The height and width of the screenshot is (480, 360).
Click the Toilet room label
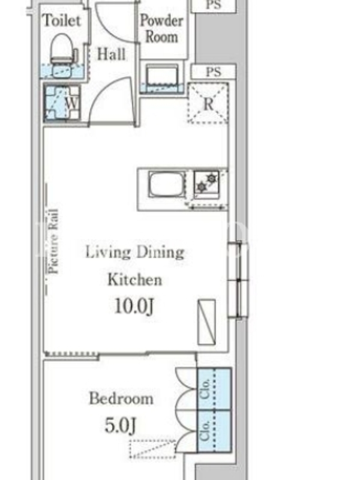(x=62, y=21)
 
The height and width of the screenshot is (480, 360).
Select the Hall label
(x=111, y=54)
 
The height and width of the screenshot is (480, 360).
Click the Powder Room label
(x=161, y=29)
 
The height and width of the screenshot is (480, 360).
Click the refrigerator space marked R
(x=208, y=103)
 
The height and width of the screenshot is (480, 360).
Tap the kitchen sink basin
(x=167, y=184)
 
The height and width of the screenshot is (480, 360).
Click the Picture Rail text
(x=53, y=241)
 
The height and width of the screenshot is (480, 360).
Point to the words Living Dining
(x=134, y=253)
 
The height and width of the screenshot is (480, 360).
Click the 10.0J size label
(x=134, y=306)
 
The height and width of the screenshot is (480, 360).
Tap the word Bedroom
(x=121, y=398)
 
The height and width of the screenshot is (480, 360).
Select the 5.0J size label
(x=121, y=425)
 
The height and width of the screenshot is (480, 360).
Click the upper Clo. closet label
(x=205, y=389)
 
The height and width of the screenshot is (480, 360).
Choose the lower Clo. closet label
(x=205, y=430)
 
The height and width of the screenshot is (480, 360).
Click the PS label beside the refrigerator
(x=214, y=72)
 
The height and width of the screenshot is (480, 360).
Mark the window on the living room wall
(x=238, y=280)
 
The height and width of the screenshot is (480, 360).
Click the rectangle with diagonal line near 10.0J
(x=206, y=322)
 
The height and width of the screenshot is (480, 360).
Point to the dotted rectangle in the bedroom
(x=152, y=449)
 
